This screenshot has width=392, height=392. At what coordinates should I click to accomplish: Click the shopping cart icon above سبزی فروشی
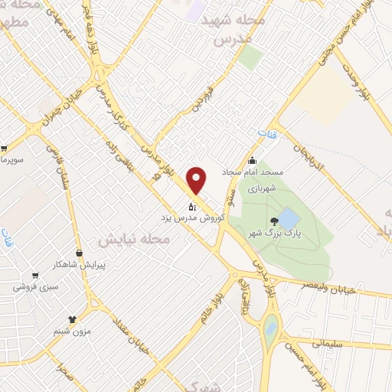pos(34,276)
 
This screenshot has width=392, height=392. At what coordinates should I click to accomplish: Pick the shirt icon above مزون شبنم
pos(73,319)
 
